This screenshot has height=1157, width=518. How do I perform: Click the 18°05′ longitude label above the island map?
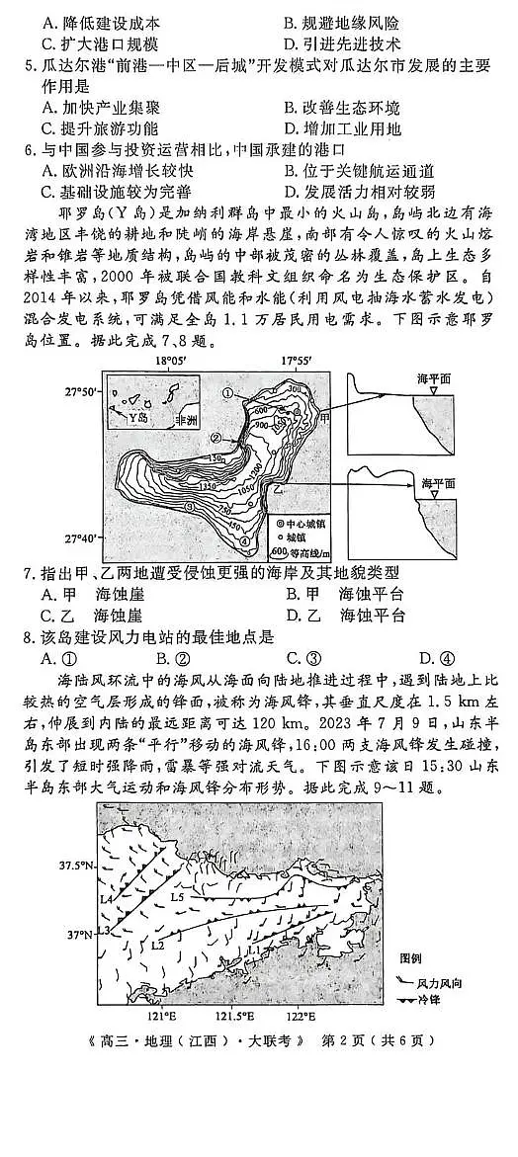(172, 363)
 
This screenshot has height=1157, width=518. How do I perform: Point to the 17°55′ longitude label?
(296, 363)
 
